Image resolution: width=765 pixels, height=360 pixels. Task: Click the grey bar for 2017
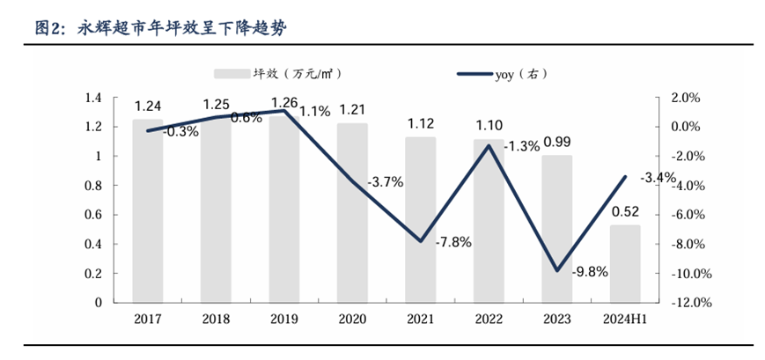pyautogui.click(x=148, y=211)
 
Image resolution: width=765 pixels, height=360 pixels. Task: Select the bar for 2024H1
pyautogui.click(x=625, y=263)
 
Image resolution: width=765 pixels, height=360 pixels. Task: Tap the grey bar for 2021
pyautogui.click(x=420, y=219)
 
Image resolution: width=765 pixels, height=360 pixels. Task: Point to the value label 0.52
pyautogui.click(x=625, y=211)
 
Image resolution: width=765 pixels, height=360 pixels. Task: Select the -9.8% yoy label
pyautogui.click(x=590, y=271)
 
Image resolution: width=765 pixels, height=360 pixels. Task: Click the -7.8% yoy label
pyautogui.click(x=453, y=241)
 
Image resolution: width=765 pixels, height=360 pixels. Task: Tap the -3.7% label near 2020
pyautogui.click(x=386, y=182)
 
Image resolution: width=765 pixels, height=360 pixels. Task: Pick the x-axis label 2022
pyautogui.click(x=489, y=319)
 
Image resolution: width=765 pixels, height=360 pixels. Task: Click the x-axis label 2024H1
pyautogui.click(x=625, y=319)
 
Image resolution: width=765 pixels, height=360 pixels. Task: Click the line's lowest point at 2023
pyautogui.click(x=557, y=270)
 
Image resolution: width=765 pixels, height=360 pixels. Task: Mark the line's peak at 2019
pyautogui.click(x=284, y=111)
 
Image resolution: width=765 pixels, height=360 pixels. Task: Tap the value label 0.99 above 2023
pyautogui.click(x=557, y=142)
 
